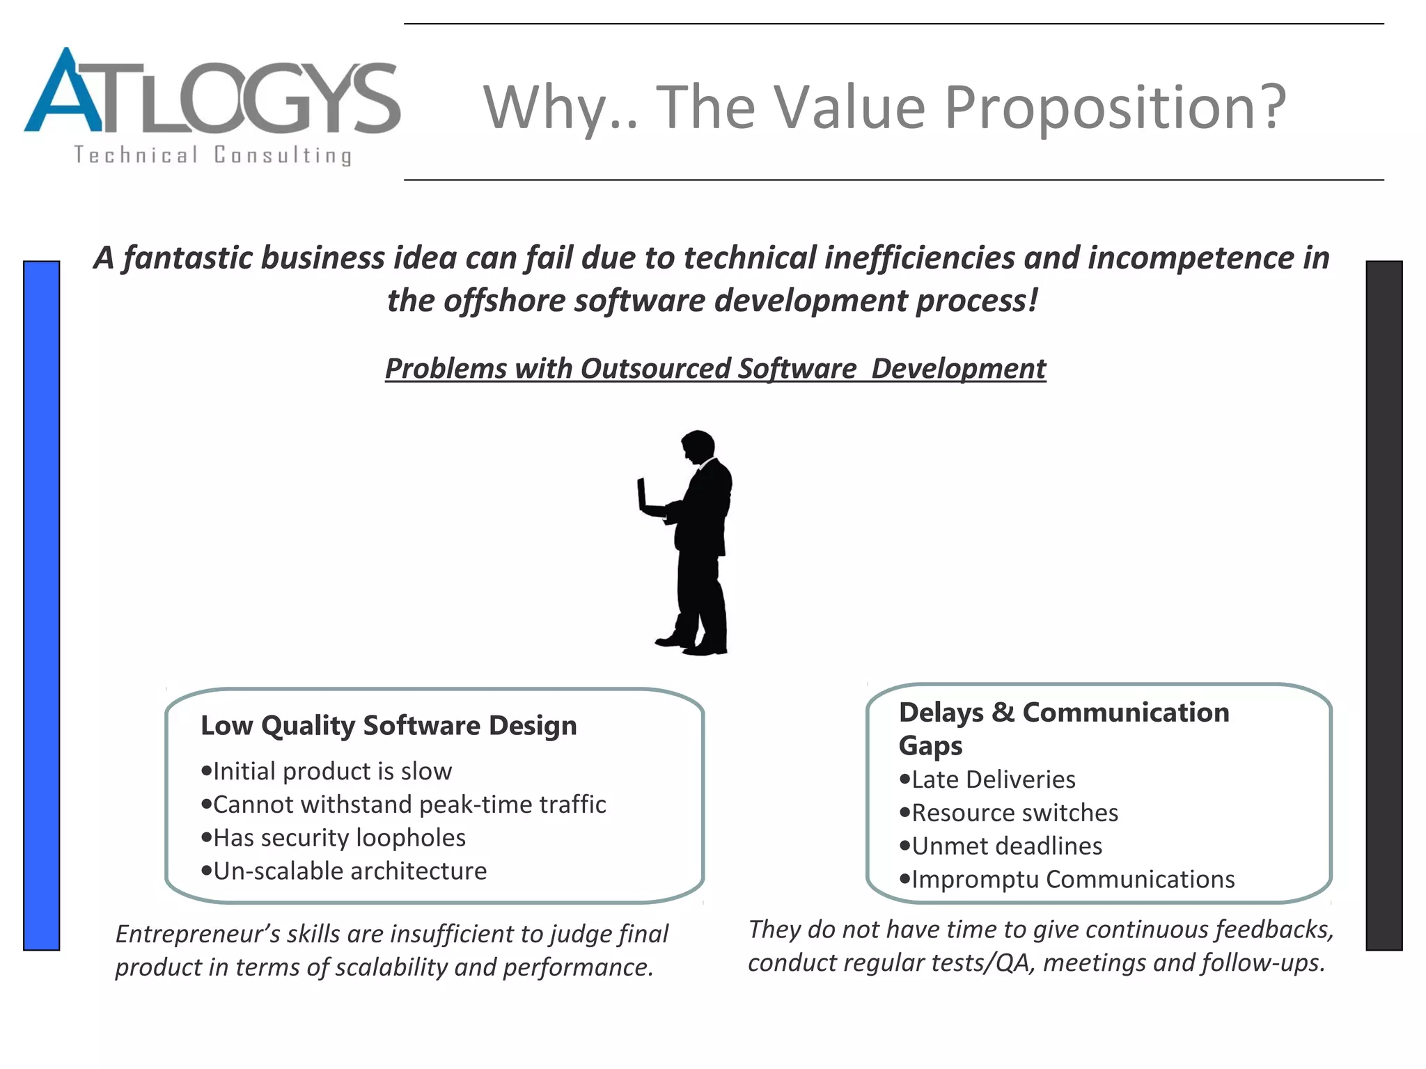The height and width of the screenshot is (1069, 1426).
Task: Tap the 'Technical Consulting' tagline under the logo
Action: pyautogui.click(x=212, y=155)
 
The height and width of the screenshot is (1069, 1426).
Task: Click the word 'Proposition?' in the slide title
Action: pyautogui.click(x=1114, y=107)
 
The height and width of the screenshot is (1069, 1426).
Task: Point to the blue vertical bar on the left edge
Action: pyautogui.click(x=41, y=605)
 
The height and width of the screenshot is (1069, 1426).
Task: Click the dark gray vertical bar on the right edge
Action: pyautogui.click(x=1384, y=605)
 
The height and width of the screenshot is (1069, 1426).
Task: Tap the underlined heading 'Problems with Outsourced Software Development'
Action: pyautogui.click(x=715, y=368)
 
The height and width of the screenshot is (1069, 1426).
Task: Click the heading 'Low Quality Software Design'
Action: pyautogui.click(x=389, y=725)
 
